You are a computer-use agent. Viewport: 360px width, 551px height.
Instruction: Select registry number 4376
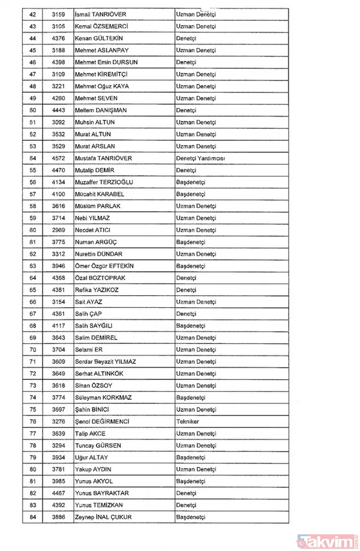tap(57, 38)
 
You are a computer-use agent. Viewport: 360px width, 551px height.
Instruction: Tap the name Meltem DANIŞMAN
tap(100, 110)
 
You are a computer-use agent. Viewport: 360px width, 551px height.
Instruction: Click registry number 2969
tap(57, 230)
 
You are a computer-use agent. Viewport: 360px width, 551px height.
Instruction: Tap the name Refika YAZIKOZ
tap(97, 289)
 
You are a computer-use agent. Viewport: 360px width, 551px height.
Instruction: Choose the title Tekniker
tap(188, 421)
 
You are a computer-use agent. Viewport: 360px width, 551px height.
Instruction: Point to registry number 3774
tap(57, 397)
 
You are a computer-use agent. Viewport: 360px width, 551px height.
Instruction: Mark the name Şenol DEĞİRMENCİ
tap(104, 421)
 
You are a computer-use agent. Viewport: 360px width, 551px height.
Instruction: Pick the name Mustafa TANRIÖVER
tap(104, 158)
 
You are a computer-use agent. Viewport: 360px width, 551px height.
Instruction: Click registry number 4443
tap(57, 110)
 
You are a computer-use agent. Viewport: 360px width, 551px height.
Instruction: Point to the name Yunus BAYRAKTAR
tap(103, 493)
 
